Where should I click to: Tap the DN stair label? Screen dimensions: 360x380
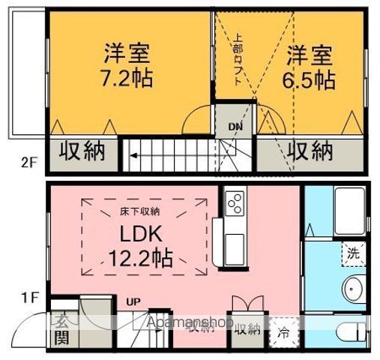235,127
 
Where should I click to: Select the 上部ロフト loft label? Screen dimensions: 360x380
238,60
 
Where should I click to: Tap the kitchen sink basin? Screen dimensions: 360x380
233,244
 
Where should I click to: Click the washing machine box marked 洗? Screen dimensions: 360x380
352,253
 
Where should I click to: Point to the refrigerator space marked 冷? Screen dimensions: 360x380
284,331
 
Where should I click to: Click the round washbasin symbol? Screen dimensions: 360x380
352,289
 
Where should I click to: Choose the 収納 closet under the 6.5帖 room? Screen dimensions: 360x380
310,151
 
